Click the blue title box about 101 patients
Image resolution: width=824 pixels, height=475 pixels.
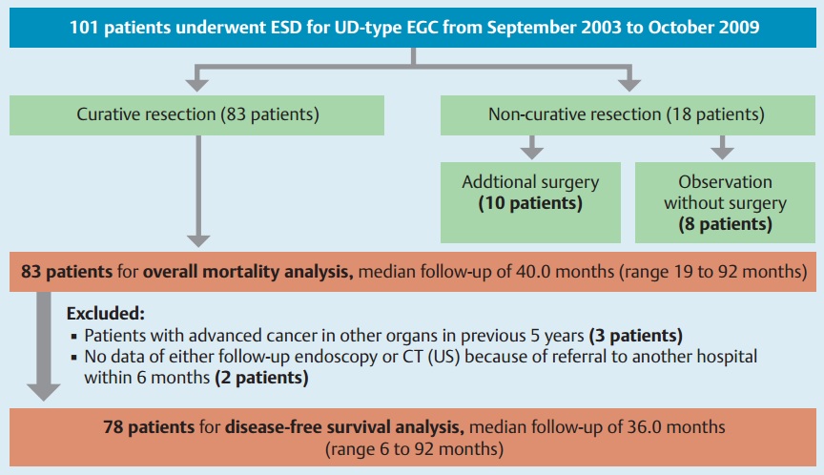(x=413, y=28)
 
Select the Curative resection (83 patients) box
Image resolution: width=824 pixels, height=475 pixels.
(x=196, y=115)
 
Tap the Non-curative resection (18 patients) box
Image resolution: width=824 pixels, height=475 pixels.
(x=628, y=115)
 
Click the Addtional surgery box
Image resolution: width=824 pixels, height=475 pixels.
(x=530, y=202)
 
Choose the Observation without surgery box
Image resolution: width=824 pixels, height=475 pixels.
(x=725, y=202)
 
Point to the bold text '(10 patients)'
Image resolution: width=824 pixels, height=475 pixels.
(x=530, y=203)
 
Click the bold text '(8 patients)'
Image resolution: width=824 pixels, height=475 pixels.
(x=725, y=224)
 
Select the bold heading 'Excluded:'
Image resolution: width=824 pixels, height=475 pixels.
(x=105, y=314)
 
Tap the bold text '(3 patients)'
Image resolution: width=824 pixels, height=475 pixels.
(x=636, y=335)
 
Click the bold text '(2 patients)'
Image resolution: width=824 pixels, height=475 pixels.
(x=261, y=378)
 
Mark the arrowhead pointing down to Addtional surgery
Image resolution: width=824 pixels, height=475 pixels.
(x=532, y=153)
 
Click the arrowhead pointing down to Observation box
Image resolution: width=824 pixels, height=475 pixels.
(x=723, y=153)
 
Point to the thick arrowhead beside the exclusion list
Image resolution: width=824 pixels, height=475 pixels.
(x=44, y=392)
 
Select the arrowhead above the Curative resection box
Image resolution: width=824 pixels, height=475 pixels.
(x=197, y=85)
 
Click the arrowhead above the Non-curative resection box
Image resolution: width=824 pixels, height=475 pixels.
(x=629, y=85)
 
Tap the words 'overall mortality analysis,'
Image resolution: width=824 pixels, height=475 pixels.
(x=248, y=272)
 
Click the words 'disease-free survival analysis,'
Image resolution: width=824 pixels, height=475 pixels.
(x=344, y=427)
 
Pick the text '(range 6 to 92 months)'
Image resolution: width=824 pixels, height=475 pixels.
(x=414, y=449)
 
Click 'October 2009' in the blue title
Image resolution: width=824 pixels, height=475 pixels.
(x=704, y=28)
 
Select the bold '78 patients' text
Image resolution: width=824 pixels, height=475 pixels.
(x=149, y=427)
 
